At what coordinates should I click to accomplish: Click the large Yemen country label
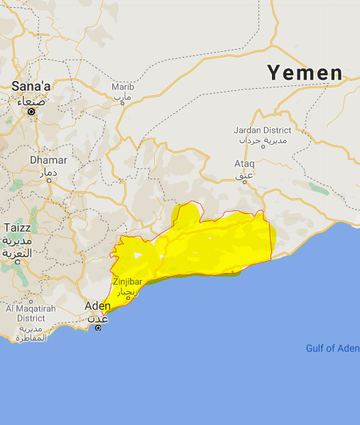(305, 73)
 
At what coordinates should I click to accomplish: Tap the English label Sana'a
(31, 86)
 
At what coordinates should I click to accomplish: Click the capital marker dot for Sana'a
(31, 112)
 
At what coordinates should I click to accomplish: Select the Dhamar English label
(48, 160)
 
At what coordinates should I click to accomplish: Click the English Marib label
(122, 87)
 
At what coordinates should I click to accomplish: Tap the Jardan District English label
(262, 130)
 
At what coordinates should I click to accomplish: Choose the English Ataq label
(244, 163)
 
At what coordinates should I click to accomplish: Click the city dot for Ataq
(243, 182)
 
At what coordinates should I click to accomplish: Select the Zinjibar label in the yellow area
(127, 281)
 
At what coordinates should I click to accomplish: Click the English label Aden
(97, 305)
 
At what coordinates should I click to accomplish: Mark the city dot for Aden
(98, 327)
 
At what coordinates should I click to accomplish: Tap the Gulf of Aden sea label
(332, 348)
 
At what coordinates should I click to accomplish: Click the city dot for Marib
(124, 104)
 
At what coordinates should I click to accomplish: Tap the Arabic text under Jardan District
(262, 141)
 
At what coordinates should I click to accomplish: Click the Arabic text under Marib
(122, 97)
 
